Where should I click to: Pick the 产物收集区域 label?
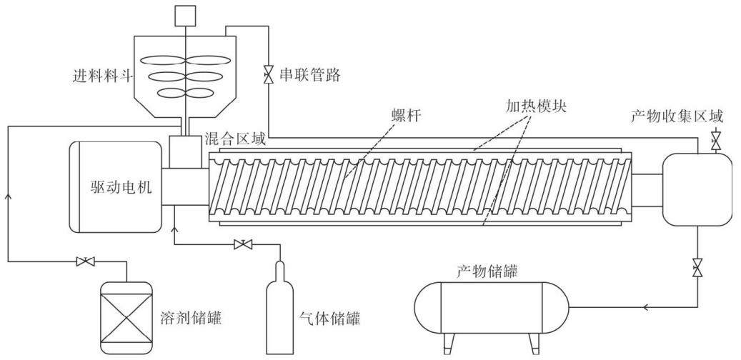tap(677, 116)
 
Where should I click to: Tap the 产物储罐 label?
tap(487, 271)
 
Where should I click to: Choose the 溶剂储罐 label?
tap(191, 319)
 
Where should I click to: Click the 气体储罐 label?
tap(330, 319)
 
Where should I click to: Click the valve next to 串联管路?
tap(269, 75)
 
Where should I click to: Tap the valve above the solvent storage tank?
tap(86, 261)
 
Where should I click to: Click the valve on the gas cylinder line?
tap(243, 245)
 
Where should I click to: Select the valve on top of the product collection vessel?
tap(716, 139)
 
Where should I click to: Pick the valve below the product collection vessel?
tap(697, 268)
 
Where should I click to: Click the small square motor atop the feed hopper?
tap(185, 16)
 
